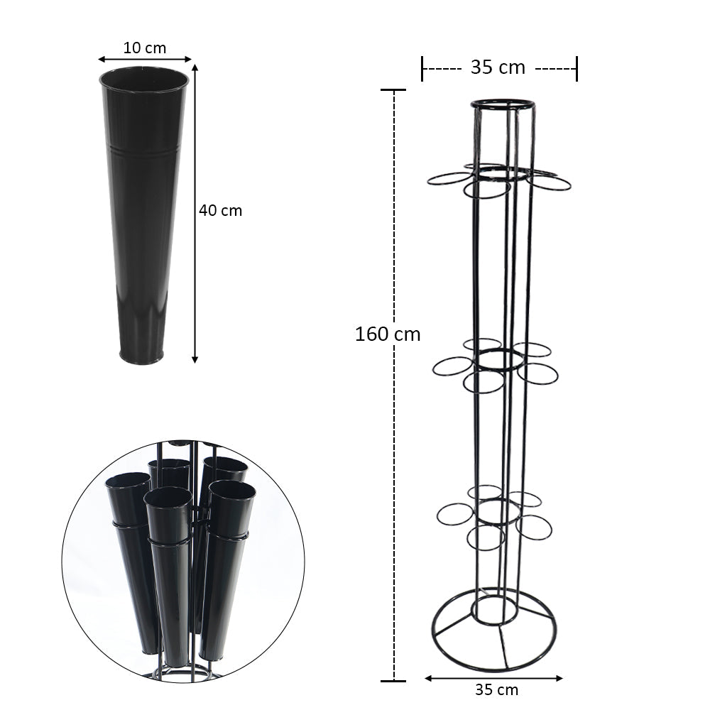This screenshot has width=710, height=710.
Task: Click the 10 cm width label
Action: tap(144, 48)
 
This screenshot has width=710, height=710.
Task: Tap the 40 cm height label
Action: tap(221, 211)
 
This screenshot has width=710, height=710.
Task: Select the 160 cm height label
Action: tap(388, 334)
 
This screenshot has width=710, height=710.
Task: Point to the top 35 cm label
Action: tap(498, 67)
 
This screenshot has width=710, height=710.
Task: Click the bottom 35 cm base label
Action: tap(497, 689)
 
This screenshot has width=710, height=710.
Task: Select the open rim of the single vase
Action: tap(144, 68)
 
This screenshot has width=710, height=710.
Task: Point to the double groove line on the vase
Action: tap(144, 149)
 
